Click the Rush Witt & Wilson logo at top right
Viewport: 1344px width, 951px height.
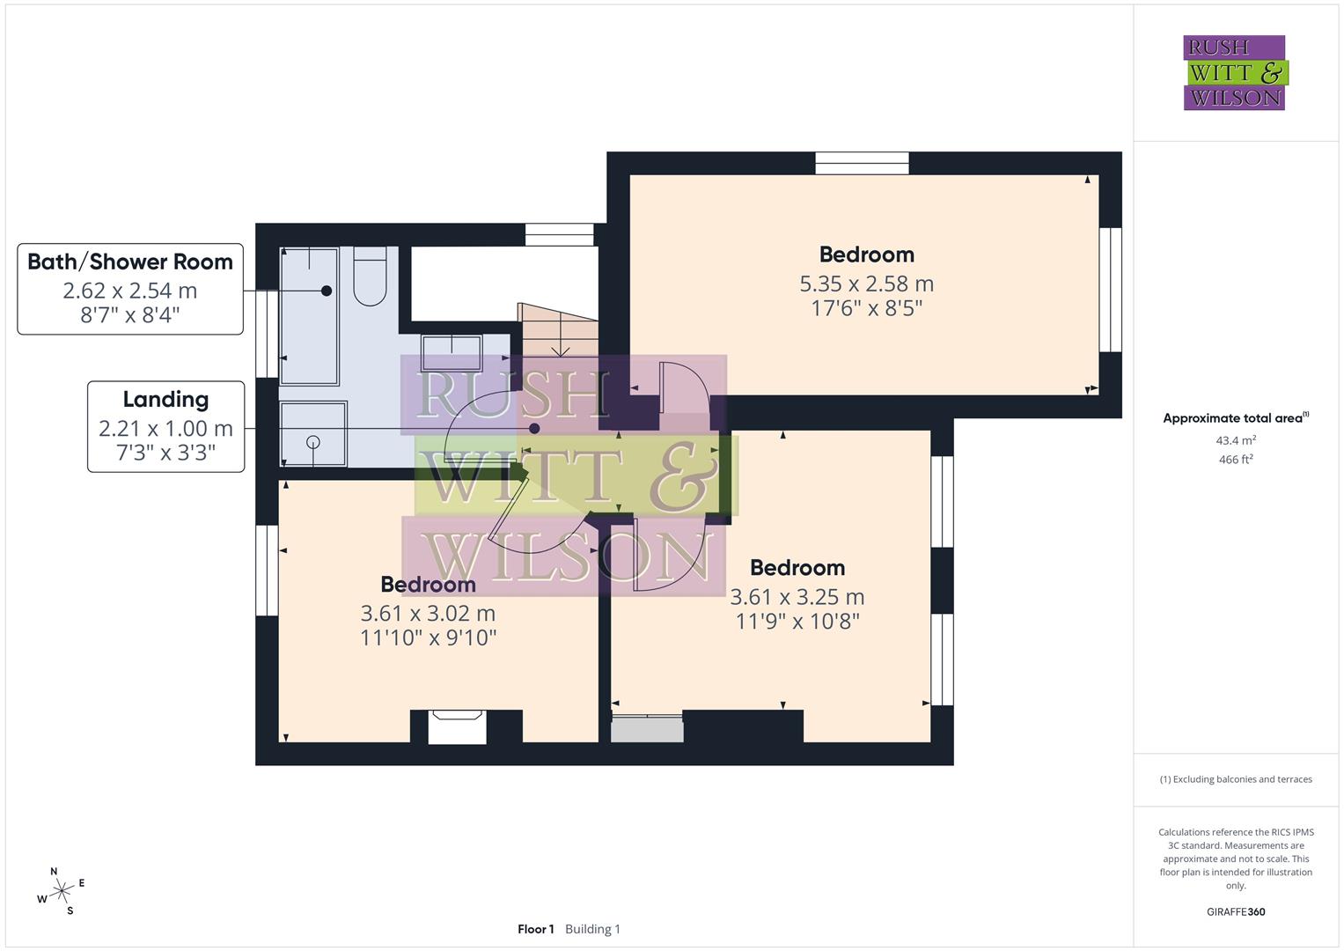[x=1234, y=72]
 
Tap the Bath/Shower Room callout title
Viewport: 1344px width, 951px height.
[x=130, y=262]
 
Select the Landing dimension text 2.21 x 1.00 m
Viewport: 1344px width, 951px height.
[x=165, y=429]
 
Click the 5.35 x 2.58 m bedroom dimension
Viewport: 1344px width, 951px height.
[x=866, y=284]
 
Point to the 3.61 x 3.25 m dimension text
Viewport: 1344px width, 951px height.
[x=797, y=597]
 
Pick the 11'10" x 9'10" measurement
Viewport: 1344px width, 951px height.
[x=428, y=638]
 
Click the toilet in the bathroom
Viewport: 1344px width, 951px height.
[x=370, y=276]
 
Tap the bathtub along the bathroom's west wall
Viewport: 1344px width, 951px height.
[x=309, y=316]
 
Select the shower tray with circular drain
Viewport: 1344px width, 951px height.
[x=312, y=433]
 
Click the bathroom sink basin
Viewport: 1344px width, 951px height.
[x=452, y=352]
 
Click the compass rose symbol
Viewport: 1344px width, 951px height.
[x=61, y=892]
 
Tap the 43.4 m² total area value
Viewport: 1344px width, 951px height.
[x=1235, y=440]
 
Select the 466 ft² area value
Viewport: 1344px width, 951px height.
[x=1235, y=460]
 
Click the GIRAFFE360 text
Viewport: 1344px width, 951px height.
[x=1235, y=912]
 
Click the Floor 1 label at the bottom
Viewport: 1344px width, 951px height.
[x=535, y=929]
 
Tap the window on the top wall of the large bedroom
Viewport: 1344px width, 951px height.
[x=861, y=163]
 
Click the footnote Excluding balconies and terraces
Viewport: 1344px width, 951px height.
[x=1235, y=779]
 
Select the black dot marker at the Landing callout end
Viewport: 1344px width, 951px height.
[x=534, y=429]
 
